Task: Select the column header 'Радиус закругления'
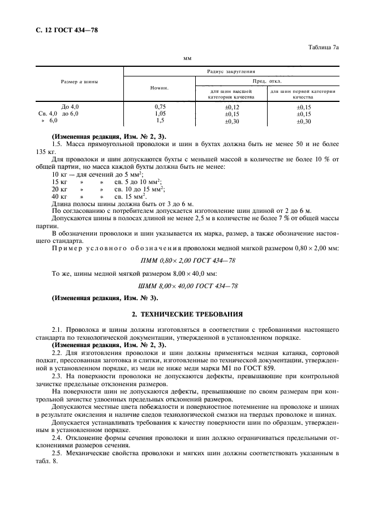pos(231,72)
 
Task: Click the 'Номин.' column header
pos(159,88)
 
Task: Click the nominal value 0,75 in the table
pos(160,106)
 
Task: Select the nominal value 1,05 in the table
pos(160,113)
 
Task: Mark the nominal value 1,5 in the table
pos(160,121)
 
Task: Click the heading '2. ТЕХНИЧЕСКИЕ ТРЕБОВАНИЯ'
pos(187,313)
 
